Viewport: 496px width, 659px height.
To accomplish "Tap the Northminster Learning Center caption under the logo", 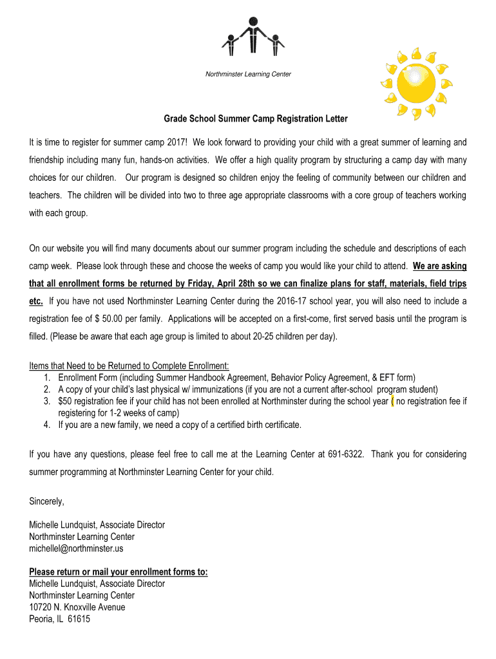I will (x=248, y=74).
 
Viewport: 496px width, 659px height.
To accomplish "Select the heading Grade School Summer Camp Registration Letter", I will (x=255, y=119).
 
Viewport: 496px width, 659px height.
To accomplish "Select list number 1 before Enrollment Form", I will (x=48, y=378).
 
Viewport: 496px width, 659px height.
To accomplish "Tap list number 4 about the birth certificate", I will (x=48, y=425).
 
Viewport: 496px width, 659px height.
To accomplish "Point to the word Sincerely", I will (x=47, y=501).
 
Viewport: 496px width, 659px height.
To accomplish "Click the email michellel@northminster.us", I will (x=76, y=548).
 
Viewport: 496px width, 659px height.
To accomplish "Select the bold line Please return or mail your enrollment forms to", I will (x=119, y=572).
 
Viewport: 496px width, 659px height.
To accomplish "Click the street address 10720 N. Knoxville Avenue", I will (x=77, y=607).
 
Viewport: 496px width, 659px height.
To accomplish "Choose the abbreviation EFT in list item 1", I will (x=386, y=378).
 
